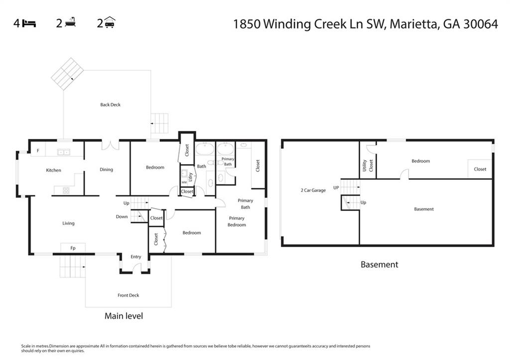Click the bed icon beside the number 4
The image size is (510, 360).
(29, 23)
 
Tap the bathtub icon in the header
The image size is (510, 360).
(70, 23)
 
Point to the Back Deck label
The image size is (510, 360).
(110, 105)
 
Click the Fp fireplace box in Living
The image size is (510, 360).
(73, 247)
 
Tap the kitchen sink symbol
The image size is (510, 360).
(63, 152)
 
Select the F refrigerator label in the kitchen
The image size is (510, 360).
(38, 150)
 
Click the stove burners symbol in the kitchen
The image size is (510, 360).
(65, 190)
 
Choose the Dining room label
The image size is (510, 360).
(106, 169)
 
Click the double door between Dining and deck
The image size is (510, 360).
(110, 145)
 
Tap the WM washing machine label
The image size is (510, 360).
(184, 183)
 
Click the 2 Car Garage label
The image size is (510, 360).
(313, 190)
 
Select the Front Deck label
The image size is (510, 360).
(128, 295)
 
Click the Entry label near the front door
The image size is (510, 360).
(136, 257)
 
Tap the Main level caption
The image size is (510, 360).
(124, 316)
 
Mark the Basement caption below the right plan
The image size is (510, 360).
(379, 265)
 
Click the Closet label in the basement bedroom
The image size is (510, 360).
(480, 169)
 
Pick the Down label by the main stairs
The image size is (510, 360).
(122, 217)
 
